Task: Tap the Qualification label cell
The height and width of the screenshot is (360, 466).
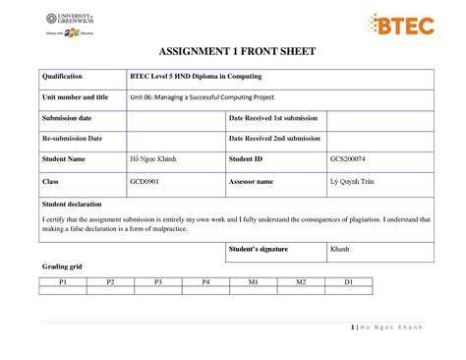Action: tap(62, 77)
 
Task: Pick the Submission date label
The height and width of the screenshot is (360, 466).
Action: tap(66, 118)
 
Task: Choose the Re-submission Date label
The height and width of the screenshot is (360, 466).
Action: tap(71, 139)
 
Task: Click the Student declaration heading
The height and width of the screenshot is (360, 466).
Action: tap(76, 204)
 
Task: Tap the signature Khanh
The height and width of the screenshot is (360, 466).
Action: tap(340, 249)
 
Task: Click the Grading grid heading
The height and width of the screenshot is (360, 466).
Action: tap(61, 268)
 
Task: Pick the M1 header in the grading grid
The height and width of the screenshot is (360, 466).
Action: tap(253, 282)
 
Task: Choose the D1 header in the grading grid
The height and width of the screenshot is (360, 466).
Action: tap(348, 282)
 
